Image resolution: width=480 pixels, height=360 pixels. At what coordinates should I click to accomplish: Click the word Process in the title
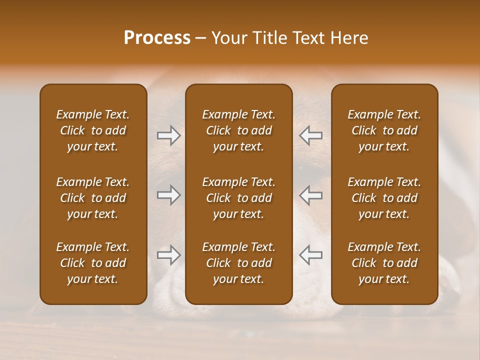tap(157, 38)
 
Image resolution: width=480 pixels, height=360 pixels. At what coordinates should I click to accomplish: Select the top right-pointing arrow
tap(168, 135)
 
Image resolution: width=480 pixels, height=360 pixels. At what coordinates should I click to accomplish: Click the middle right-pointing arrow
tap(168, 195)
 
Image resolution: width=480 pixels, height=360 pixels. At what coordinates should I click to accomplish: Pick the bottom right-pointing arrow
tap(168, 255)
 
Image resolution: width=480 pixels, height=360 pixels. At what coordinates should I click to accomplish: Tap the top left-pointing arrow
tap(311, 135)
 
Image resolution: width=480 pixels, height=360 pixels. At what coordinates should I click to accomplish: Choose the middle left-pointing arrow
tap(311, 195)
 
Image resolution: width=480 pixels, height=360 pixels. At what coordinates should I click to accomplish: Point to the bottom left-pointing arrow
tap(311, 255)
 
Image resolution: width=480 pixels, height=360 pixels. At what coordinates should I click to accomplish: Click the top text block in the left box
tap(93, 130)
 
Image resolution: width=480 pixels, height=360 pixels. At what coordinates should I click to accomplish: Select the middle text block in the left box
tap(93, 198)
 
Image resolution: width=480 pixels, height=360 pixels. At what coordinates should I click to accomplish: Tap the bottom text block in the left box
tap(93, 263)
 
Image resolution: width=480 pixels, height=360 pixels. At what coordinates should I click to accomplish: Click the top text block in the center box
tap(238, 130)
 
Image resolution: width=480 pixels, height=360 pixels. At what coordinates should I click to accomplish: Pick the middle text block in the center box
tap(238, 198)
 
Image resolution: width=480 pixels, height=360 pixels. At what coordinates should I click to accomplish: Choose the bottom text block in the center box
tap(238, 263)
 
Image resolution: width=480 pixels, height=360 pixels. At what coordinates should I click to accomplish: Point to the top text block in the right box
tap(384, 130)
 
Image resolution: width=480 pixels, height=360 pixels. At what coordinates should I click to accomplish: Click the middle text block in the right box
tap(384, 198)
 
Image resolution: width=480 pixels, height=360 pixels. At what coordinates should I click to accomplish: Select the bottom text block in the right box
tap(384, 263)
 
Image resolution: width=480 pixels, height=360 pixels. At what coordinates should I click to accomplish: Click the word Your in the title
tap(228, 38)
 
